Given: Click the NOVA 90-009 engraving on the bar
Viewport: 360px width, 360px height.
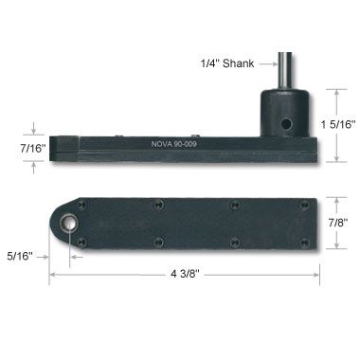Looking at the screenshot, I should (181, 145).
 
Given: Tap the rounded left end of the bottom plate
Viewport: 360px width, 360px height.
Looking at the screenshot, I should (59, 224).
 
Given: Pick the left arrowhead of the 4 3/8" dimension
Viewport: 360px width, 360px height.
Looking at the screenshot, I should (53, 275).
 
